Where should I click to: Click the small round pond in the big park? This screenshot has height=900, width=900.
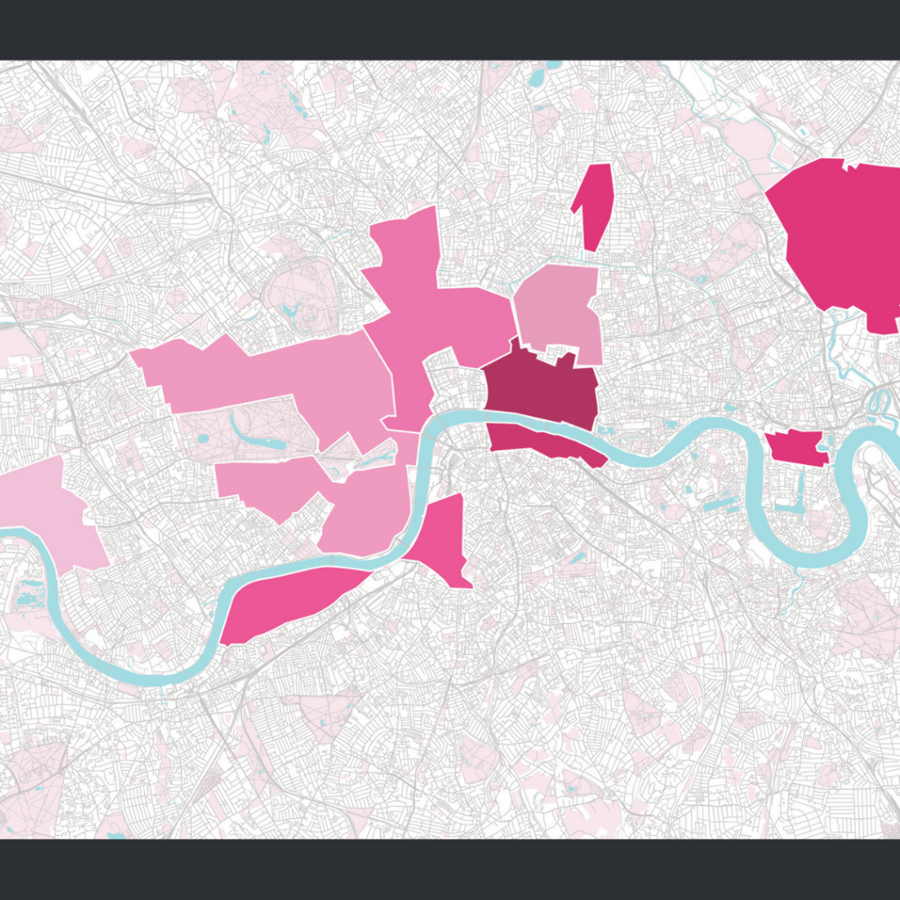click(203, 438)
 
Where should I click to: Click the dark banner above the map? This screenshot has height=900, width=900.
click(450, 29)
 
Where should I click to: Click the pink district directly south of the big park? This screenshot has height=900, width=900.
click(264, 483)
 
